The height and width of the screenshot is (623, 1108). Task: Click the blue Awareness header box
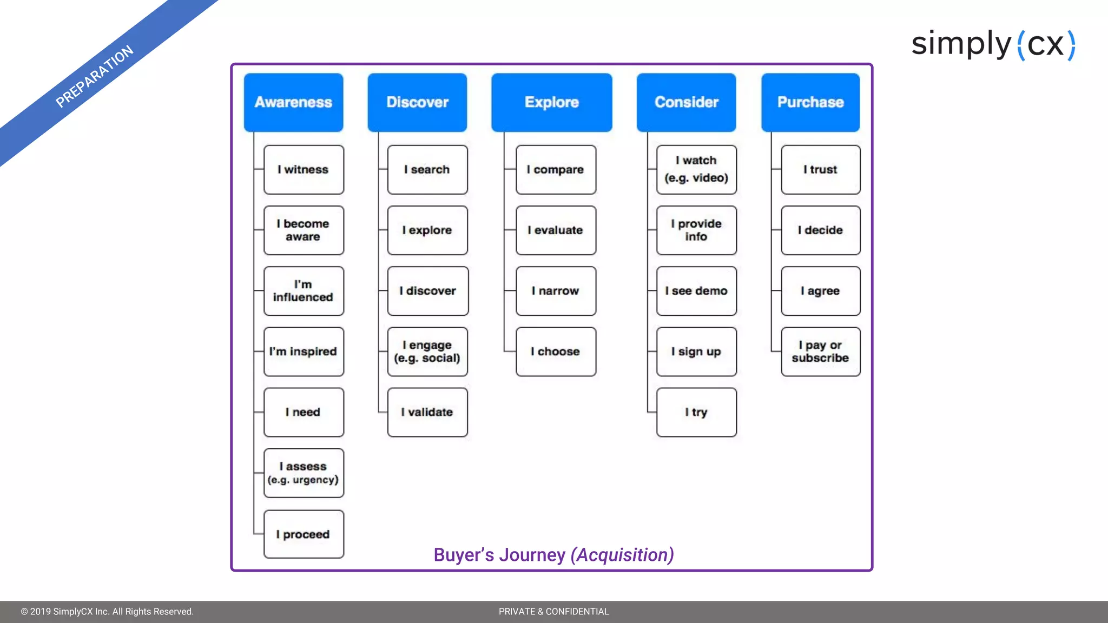[x=293, y=102]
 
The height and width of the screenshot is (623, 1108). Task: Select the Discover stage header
[x=417, y=102]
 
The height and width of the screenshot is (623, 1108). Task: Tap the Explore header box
[x=551, y=102]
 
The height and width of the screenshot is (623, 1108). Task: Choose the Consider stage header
[x=686, y=102]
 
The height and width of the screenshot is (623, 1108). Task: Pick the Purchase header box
[x=810, y=102]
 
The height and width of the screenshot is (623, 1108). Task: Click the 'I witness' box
[x=304, y=169]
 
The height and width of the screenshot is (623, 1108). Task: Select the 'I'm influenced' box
[x=304, y=291]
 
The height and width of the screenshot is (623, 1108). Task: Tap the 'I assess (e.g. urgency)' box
[x=304, y=473]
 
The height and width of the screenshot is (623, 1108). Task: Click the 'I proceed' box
[x=304, y=534]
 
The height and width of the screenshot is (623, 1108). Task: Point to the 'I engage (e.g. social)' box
[x=427, y=352]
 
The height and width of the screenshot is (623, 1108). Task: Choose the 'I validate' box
[x=427, y=412]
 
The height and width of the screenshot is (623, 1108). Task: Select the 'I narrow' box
[x=556, y=291]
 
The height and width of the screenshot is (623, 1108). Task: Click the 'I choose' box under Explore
[x=556, y=352]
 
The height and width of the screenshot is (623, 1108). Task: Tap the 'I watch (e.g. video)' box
[x=696, y=169]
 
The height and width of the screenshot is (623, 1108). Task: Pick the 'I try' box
[x=696, y=412]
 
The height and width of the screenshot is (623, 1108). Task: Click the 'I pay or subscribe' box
[x=820, y=352]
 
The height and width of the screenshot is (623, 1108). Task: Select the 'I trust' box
[x=820, y=169]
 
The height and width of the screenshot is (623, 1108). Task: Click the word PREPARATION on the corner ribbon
[x=95, y=76]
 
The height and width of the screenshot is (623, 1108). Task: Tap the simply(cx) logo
[x=993, y=44]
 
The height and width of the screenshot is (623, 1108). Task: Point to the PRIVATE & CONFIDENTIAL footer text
[x=553, y=612]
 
